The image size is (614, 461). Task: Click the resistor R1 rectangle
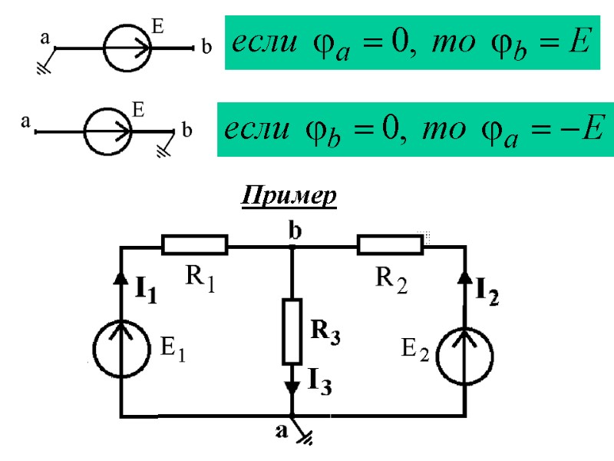pyautogui.click(x=195, y=245)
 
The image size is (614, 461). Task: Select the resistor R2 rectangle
pyautogui.click(x=390, y=245)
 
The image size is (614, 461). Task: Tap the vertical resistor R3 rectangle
pyautogui.click(x=292, y=331)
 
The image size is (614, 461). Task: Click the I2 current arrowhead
pyautogui.click(x=465, y=275)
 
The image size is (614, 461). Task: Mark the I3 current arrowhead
pyautogui.click(x=292, y=386)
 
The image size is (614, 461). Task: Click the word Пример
pyautogui.click(x=289, y=197)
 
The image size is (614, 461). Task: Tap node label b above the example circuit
pyautogui.click(x=295, y=230)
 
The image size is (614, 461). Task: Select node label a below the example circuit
pyautogui.click(x=281, y=432)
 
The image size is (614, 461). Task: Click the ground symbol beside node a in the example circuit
pyautogui.click(x=305, y=438)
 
